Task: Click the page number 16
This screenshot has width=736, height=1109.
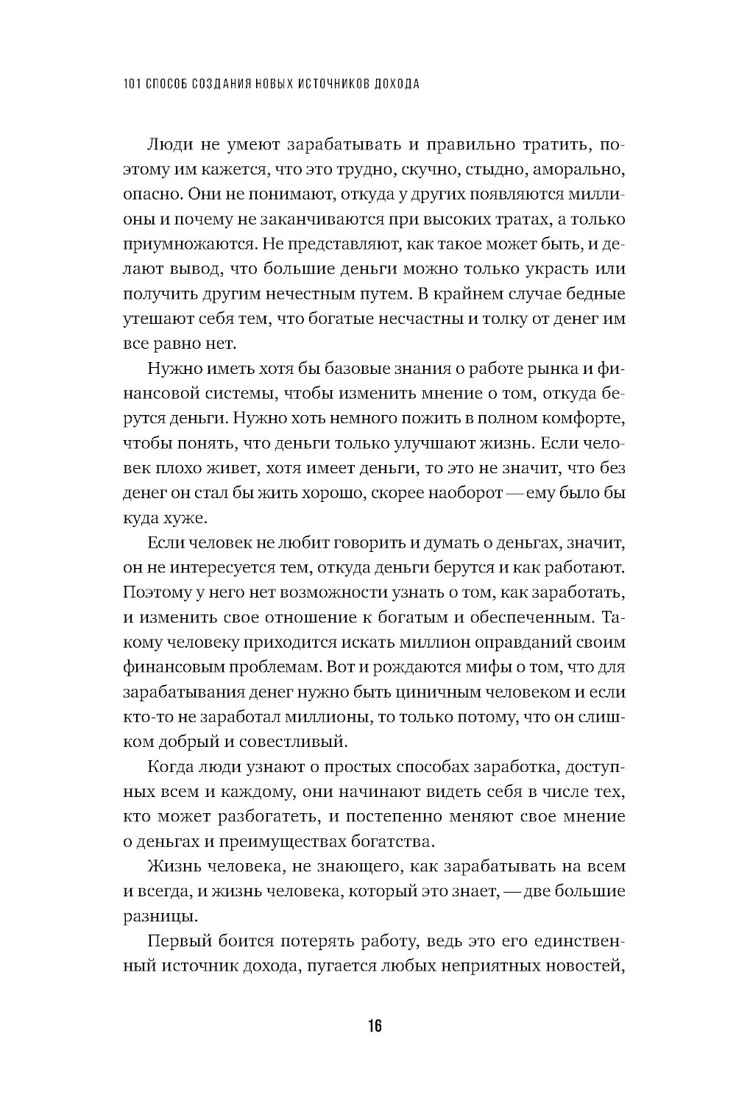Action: coord(375,1027)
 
